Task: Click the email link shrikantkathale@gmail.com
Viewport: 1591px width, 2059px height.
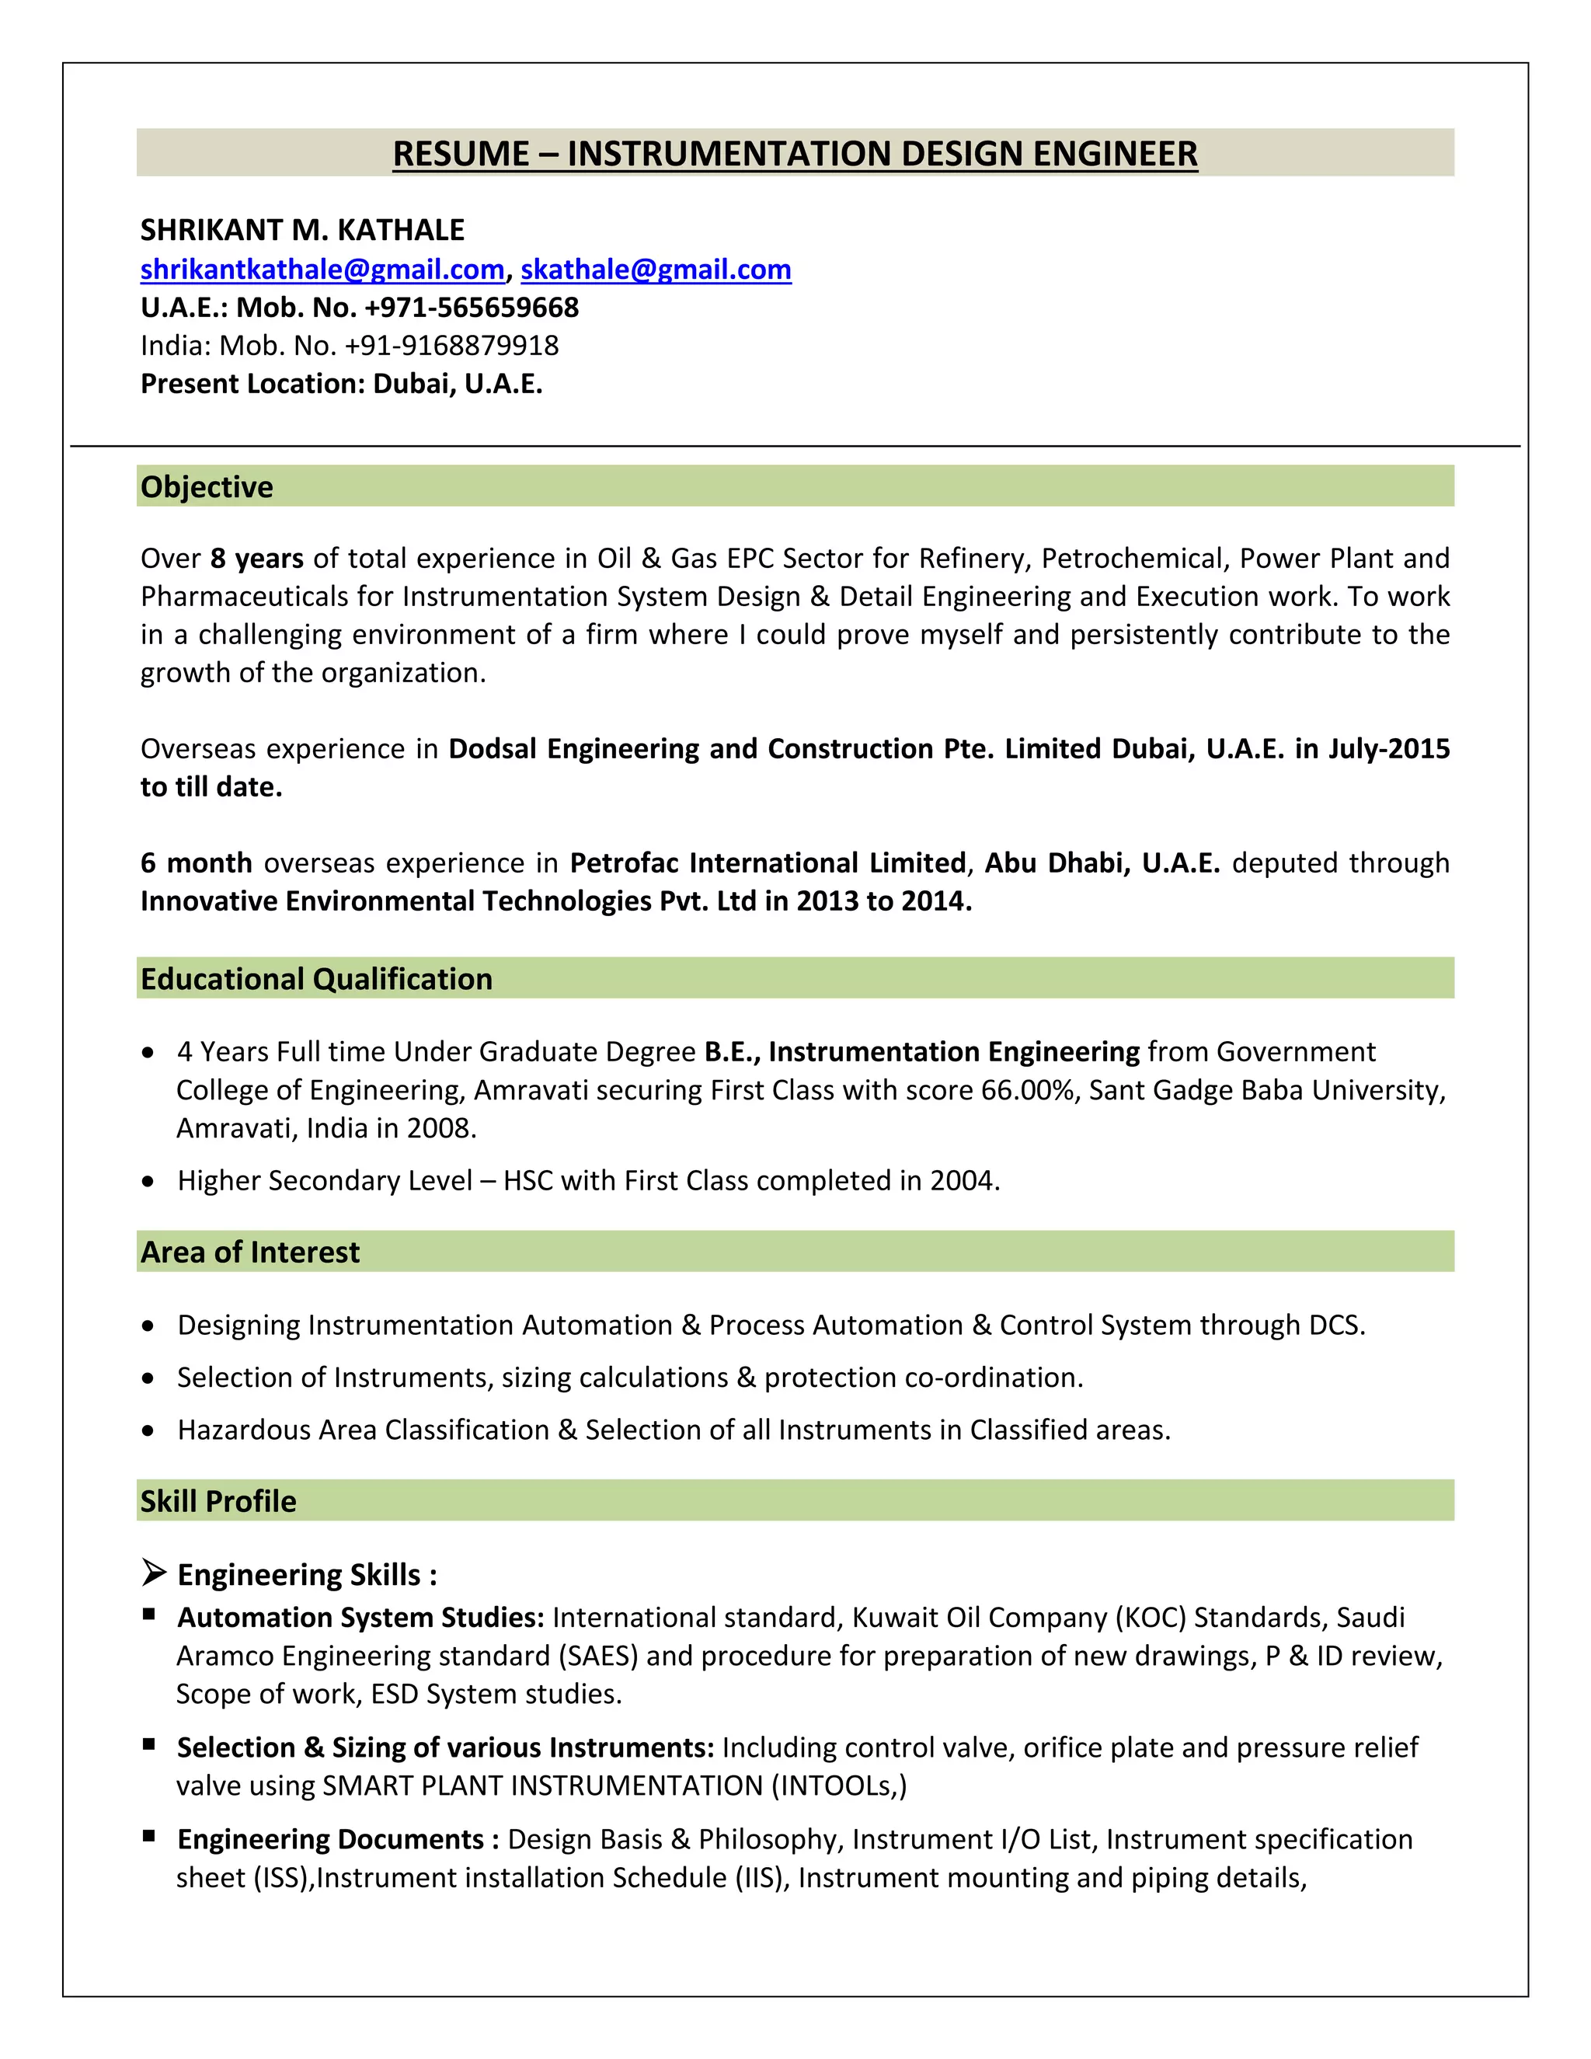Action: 322,270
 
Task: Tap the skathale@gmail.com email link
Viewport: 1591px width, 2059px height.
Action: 656,270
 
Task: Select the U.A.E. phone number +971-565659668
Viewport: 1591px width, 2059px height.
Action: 472,308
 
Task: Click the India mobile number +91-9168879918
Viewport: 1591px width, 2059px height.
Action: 451,346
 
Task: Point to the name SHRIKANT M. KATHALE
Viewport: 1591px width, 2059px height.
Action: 302,230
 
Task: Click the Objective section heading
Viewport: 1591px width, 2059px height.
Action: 207,486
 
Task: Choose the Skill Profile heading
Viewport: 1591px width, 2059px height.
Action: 218,1501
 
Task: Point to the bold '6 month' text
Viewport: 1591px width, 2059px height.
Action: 196,862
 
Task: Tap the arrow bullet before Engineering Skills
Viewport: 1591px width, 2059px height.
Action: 154,1573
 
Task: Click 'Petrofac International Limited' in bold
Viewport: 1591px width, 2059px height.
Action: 768,862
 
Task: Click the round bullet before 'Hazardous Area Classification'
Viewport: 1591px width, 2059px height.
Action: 148,1430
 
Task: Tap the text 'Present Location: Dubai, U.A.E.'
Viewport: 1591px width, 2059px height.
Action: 341,384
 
